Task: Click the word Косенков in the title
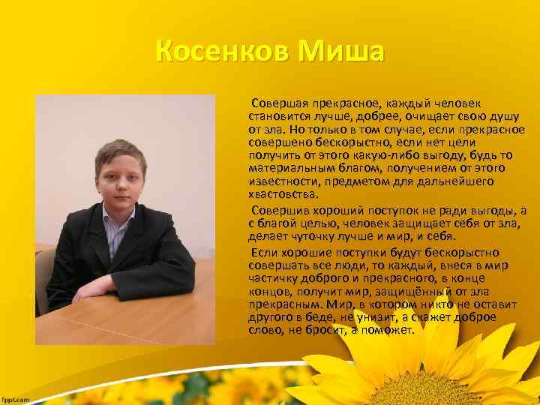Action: tap(221, 53)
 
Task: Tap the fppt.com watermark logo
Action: tap(15, 399)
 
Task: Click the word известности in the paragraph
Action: tap(281, 181)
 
